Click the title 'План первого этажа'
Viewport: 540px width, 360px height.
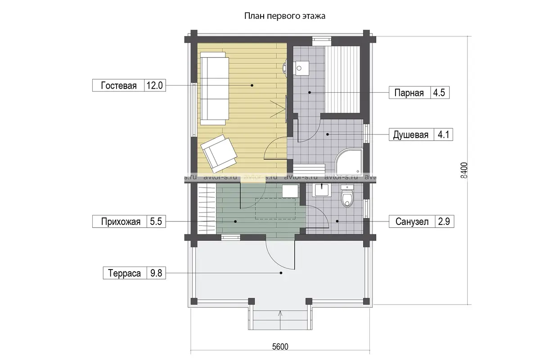pyautogui.click(x=285, y=16)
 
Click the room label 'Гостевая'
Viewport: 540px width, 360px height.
pyautogui.click(x=119, y=85)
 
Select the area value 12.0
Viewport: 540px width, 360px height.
pyautogui.click(x=154, y=85)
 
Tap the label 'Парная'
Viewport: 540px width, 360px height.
pyautogui.click(x=409, y=93)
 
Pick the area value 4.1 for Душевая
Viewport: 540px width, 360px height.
pyautogui.click(x=443, y=135)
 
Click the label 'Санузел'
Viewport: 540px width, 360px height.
pyautogui.click(x=412, y=221)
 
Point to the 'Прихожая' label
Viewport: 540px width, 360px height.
pyautogui.click(x=121, y=221)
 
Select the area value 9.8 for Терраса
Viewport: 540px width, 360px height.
pyautogui.click(x=156, y=273)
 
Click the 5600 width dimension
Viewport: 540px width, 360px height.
pyautogui.click(x=280, y=347)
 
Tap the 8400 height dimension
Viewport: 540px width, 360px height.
pyautogui.click(x=464, y=170)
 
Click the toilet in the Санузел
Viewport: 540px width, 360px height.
pyautogui.click(x=347, y=196)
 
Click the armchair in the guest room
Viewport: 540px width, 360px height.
pyautogui.click(x=219, y=152)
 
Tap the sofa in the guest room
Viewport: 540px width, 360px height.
pyautogui.click(x=215, y=89)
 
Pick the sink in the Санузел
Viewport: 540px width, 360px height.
pyautogui.click(x=322, y=190)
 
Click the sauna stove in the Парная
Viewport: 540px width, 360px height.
pyautogui.click(x=301, y=68)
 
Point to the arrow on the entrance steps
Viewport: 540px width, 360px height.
pyautogui.click(x=280, y=320)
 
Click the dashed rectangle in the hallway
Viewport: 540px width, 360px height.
pyautogui.click(x=275, y=209)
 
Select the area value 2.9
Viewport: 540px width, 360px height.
pyautogui.click(x=444, y=221)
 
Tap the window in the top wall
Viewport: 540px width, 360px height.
pyautogui.click(x=322, y=41)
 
